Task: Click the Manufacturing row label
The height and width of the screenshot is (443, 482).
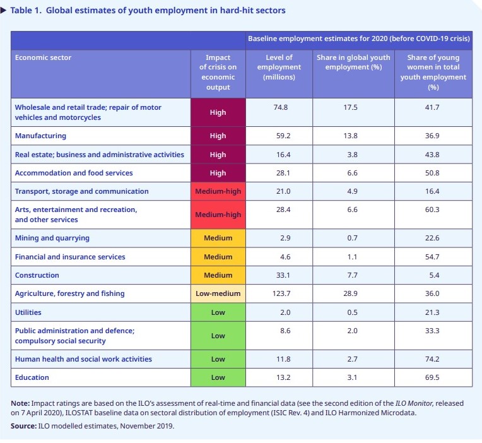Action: coord(40,136)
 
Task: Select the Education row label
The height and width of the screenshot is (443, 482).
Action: coord(32,377)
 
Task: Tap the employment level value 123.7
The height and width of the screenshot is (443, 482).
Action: coord(281,293)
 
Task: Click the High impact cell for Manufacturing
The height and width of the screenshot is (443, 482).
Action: coord(218,136)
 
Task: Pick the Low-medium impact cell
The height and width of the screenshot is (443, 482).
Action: coord(218,293)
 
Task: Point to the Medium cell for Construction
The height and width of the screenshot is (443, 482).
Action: coord(218,275)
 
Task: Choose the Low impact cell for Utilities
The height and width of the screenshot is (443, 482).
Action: coord(218,312)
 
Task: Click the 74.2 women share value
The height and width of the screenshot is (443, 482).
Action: coord(432,359)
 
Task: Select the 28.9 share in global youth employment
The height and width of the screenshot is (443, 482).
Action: coord(350,293)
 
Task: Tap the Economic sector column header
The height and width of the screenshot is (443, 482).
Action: coord(43,57)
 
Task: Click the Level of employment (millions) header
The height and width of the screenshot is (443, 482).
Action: coord(279,68)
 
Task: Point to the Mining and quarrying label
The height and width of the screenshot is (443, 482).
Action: coord(52,239)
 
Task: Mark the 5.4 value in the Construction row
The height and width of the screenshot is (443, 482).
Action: coord(434,275)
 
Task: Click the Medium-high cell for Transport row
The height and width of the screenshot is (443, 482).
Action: coord(218,191)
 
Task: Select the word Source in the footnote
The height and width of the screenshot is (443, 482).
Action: coord(23,426)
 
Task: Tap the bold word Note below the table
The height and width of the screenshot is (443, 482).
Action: coord(20,403)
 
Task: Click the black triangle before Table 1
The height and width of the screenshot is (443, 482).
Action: coord(3,11)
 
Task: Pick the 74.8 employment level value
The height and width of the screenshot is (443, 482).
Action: coord(281,107)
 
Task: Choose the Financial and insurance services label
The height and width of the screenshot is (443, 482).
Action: coord(70,257)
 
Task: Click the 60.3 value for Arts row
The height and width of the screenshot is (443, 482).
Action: coord(432,210)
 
